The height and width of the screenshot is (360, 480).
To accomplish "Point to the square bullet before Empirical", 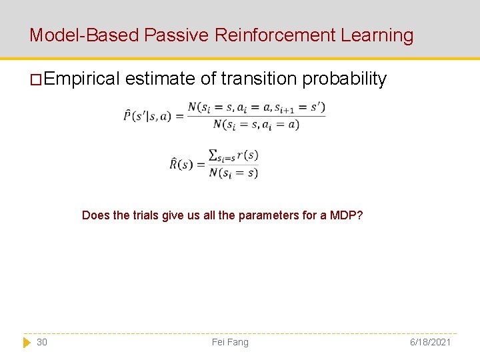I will pos(35,79).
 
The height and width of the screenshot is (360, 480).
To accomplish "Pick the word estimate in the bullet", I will pos(161,79).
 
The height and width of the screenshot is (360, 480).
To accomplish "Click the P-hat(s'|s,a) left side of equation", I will pos(147,116).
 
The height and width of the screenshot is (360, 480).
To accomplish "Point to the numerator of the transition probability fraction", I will pos(256,107).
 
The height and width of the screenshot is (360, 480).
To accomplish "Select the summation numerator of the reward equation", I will pos(233,155).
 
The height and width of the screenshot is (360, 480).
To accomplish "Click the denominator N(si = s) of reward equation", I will pos(233,173).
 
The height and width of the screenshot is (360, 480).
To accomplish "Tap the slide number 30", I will pos(42,342).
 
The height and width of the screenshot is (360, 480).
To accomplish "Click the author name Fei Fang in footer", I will pos(230,342).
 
